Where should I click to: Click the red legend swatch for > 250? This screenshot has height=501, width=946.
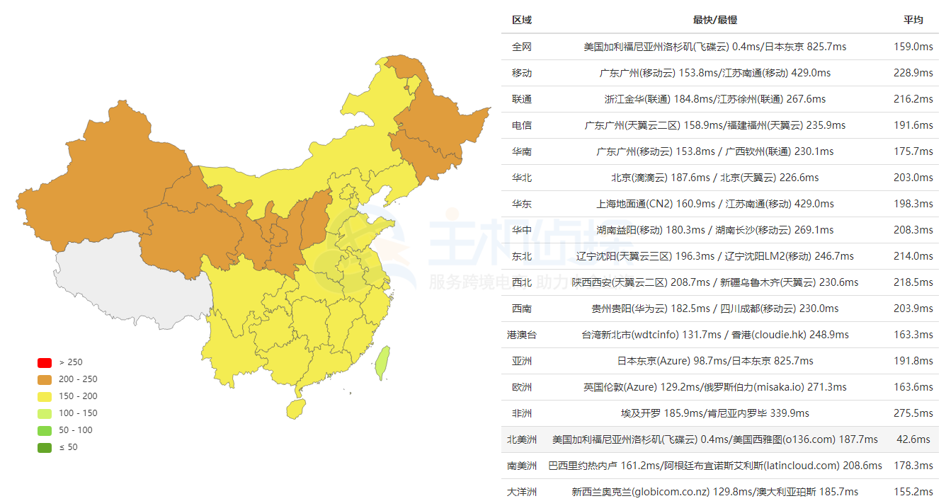click(45, 362)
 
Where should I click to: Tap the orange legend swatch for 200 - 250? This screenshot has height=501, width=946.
click(45, 379)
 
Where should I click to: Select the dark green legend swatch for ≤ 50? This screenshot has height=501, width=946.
click(45, 447)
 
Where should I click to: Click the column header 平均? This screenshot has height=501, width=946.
click(913, 20)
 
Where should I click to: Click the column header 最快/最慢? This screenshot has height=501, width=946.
click(714, 20)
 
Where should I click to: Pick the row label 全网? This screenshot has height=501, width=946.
click(522, 47)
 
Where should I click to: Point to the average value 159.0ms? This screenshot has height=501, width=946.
click(913, 47)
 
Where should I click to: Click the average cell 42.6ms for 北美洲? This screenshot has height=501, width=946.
click(913, 439)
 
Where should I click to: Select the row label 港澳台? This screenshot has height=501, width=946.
click(522, 335)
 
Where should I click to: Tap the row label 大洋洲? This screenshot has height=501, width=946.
click(522, 492)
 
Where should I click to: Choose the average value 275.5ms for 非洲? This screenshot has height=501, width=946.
click(913, 413)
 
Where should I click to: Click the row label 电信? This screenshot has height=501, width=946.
click(522, 125)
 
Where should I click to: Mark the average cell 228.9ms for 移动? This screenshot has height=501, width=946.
click(913, 73)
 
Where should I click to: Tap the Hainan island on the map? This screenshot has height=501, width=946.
click(296, 408)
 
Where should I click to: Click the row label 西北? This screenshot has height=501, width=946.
click(522, 282)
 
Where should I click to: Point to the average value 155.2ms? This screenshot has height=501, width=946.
click(913, 492)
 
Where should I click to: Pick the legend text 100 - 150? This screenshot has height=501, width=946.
click(78, 413)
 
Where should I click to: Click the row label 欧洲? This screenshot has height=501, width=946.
click(522, 387)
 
